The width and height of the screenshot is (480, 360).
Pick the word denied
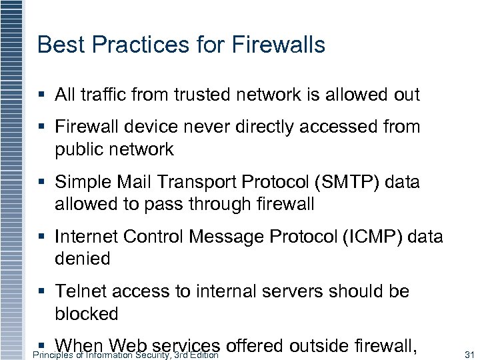click(x=83, y=259)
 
